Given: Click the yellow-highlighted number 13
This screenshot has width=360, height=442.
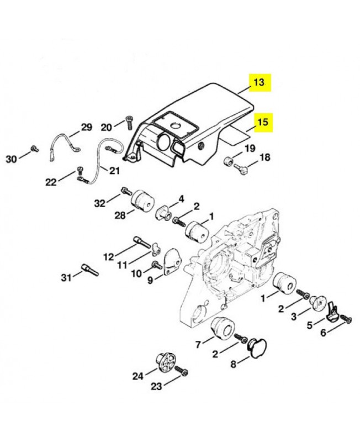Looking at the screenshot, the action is click(x=259, y=82).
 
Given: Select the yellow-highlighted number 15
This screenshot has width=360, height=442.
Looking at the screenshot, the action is click(x=262, y=122).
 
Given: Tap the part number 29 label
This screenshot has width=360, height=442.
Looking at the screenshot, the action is click(x=87, y=127).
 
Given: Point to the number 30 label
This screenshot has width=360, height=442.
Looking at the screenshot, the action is click(x=11, y=159).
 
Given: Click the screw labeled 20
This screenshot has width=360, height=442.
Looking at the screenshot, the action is click(x=129, y=122).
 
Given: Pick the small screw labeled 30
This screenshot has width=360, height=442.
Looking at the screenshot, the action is click(x=35, y=148).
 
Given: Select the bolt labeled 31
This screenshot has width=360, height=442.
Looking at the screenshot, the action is click(x=89, y=270).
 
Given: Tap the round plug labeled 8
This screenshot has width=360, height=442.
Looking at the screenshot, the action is click(x=256, y=348).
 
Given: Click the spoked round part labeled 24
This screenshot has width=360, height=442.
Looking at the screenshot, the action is click(x=166, y=361).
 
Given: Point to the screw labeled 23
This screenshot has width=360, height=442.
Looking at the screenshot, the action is click(x=182, y=371).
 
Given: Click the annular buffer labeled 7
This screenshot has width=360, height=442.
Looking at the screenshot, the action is click(x=223, y=329).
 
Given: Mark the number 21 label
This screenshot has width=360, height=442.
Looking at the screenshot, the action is click(x=114, y=171).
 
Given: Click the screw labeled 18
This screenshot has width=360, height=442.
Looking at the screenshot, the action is click(x=241, y=170).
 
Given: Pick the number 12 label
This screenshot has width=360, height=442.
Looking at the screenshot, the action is click(x=108, y=257).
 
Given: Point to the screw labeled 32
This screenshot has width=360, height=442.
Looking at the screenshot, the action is click(x=126, y=191).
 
